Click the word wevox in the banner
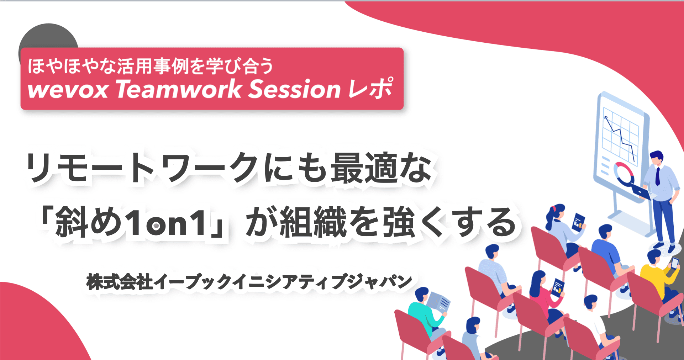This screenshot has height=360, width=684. coord(68,89)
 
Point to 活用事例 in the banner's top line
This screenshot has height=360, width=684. coord(153,66)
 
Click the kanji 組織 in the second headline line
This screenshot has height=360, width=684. coord(313,223)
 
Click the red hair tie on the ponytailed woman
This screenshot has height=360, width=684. coord(554,208)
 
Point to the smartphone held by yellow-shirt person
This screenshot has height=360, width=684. coord(674,263)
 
